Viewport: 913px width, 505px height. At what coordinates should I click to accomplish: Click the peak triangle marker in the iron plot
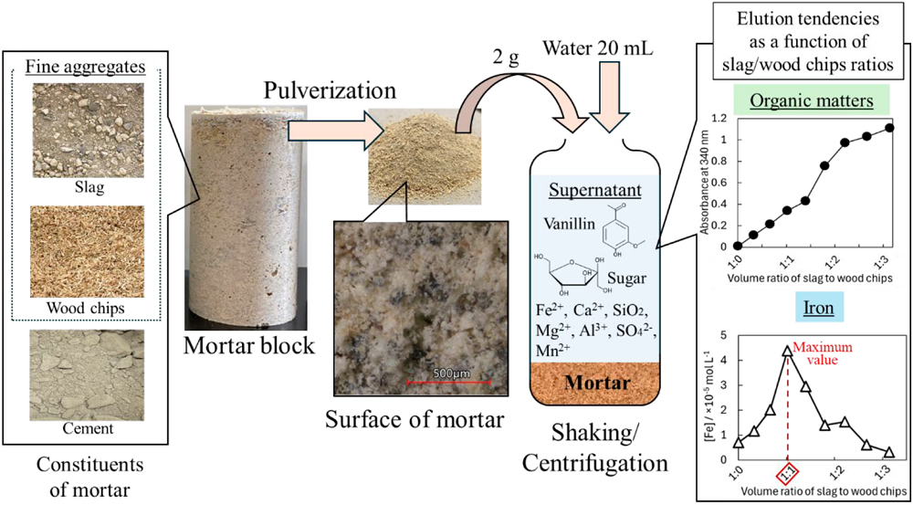coord(787,349)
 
